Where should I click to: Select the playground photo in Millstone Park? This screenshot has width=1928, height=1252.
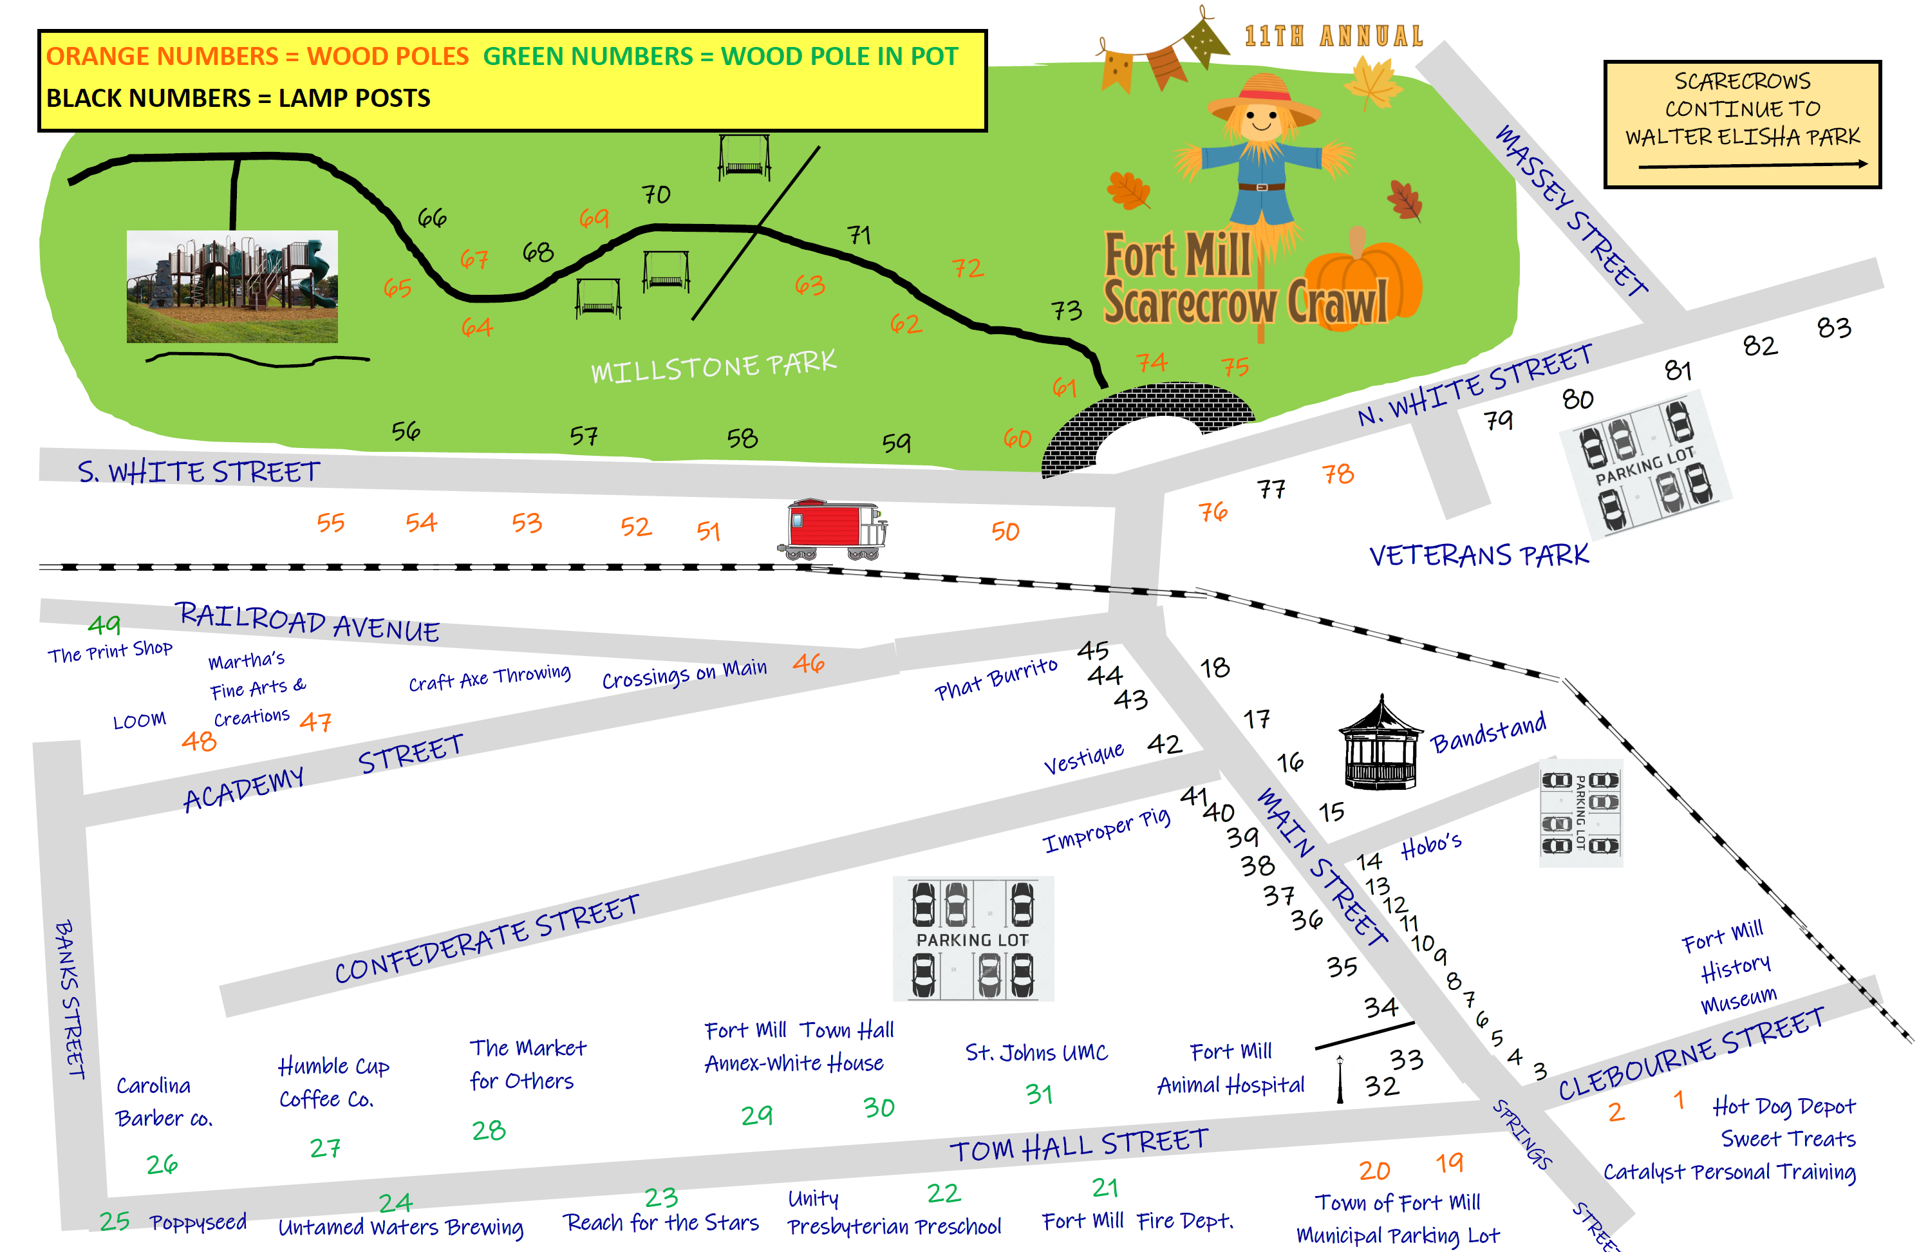coord(232,286)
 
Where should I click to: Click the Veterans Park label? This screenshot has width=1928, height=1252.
coord(1479,556)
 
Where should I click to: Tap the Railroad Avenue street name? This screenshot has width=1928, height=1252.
coord(308,622)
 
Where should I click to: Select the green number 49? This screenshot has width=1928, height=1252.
coord(104,624)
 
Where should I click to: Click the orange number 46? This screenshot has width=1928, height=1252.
coord(809,664)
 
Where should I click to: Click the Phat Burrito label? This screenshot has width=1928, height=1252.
coord(996,678)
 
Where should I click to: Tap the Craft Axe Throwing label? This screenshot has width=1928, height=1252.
coord(489,678)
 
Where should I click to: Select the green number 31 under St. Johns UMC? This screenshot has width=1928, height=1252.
coord(1040,1095)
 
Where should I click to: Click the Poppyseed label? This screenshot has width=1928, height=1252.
coord(198,1222)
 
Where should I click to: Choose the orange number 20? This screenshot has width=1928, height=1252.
coord(1375,1170)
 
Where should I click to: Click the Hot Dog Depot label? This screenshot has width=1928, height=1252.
coord(1784,1107)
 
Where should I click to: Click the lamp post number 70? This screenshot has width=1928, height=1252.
coord(656,194)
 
